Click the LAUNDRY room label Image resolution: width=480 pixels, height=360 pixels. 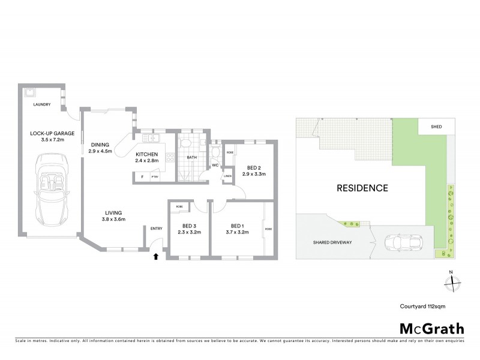42,105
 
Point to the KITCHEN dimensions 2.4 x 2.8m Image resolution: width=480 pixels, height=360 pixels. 146,161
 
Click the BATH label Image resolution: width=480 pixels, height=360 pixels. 192,158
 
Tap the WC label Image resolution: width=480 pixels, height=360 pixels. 215,165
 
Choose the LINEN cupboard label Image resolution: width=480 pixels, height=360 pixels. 228,176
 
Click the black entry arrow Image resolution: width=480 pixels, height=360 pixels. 156,256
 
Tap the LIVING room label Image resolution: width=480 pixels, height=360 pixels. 113,212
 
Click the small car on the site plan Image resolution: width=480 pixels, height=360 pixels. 400,242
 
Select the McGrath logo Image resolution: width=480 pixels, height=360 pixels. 431,328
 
